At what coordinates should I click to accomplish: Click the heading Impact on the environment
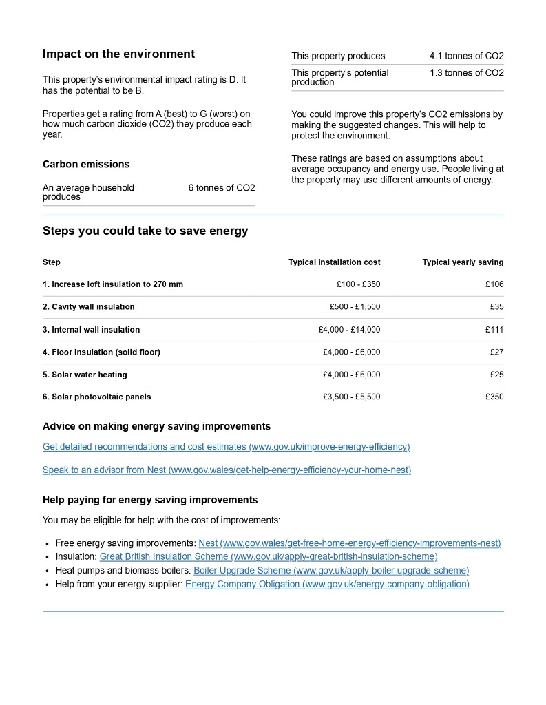pyautogui.click(x=118, y=54)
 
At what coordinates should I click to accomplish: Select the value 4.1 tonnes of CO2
pyautogui.click(x=466, y=56)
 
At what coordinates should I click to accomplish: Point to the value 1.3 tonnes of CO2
pyautogui.click(x=466, y=73)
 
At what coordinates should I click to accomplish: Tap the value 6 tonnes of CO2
pyautogui.click(x=221, y=188)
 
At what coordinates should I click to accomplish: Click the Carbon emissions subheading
pyautogui.click(x=86, y=165)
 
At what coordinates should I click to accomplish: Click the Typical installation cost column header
pyautogui.click(x=334, y=262)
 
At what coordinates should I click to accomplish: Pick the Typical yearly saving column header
pyautogui.click(x=463, y=262)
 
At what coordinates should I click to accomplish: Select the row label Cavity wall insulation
pyautogui.click(x=89, y=307)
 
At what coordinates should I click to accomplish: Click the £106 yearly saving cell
pyautogui.click(x=494, y=284)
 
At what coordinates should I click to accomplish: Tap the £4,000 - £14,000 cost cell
pyautogui.click(x=349, y=330)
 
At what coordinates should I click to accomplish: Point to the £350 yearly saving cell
pyautogui.click(x=494, y=397)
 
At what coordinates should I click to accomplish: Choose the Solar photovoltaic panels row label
pyautogui.click(x=96, y=397)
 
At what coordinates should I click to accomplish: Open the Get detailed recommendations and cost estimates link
pyautogui.click(x=226, y=447)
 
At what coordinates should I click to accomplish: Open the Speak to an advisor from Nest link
pyautogui.click(x=227, y=470)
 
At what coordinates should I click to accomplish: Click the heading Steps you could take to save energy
pyautogui.click(x=145, y=231)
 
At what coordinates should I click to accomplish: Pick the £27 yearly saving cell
pyautogui.click(x=496, y=352)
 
